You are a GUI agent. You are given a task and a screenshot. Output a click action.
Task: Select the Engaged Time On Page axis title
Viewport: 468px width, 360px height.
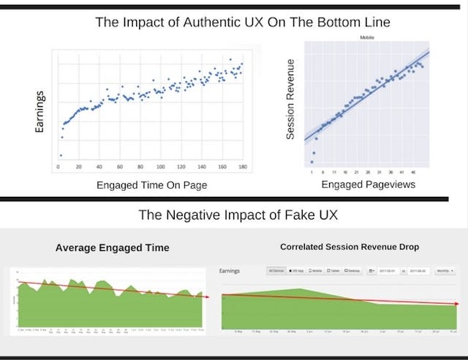152,185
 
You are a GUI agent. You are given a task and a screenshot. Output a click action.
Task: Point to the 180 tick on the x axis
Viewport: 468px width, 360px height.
241,168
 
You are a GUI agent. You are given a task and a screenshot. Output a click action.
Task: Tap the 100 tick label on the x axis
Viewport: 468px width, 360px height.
161,168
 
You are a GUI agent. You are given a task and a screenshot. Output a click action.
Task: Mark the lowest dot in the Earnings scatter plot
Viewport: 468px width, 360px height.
61,155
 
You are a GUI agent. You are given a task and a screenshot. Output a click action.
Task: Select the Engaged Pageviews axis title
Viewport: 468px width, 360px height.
369,184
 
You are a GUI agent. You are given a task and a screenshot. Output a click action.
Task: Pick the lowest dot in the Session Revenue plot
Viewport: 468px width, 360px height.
312,162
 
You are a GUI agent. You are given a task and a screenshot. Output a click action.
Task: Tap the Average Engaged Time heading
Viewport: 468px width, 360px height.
113,248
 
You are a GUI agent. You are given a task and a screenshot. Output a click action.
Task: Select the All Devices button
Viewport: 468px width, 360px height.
276,271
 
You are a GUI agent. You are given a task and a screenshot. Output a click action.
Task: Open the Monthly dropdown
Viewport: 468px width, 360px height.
442,271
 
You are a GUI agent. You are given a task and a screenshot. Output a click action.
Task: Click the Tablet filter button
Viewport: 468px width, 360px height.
332,271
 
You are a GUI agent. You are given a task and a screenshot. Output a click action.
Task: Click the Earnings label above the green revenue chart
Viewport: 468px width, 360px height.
230,271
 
